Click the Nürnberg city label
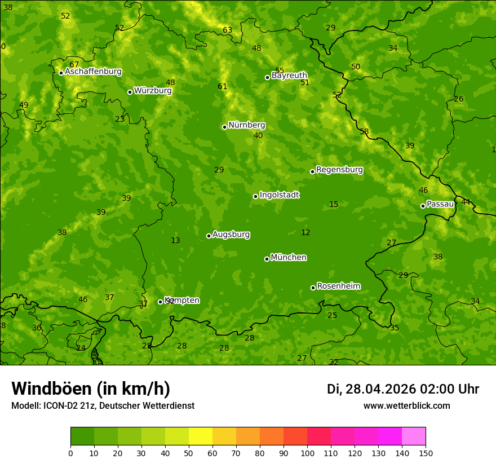tap(246, 125)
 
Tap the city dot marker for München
tap(267, 259)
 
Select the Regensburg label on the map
tap(339, 170)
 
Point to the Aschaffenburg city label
tap(93, 72)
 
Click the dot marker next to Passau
tap(423, 206)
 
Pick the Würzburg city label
tap(153, 91)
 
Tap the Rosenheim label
tap(338, 286)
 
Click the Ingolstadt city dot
tap(255, 196)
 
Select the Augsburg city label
tap(231, 235)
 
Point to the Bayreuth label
tap(289, 76)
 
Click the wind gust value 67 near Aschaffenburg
tap(74, 65)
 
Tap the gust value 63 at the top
tap(227, 30)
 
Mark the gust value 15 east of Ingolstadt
tap(334, 205)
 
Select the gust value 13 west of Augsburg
tap(175, 241)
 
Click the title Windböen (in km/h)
tap(91, 388)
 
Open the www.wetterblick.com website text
tap(406, 405)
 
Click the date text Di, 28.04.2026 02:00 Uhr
tap(403, 389)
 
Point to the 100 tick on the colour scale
tap(307, 453)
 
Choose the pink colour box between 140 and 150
tap(414, 436)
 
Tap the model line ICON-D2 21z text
tap(103, 405)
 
